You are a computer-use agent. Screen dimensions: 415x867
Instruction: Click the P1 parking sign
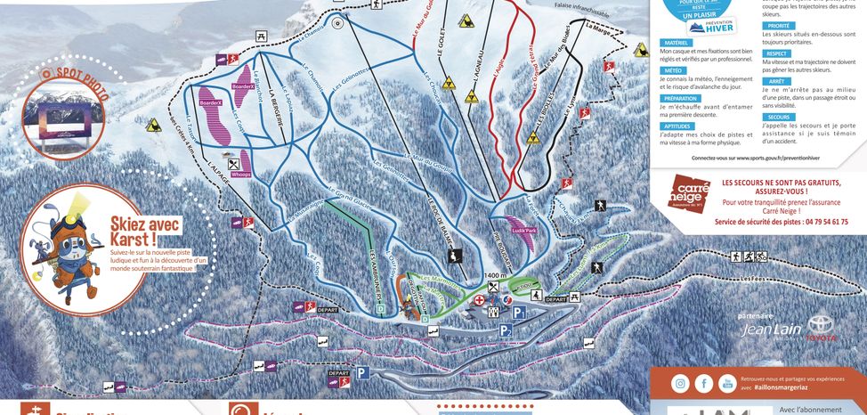click(x=518, y=313)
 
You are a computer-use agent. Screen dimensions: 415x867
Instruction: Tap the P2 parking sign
click(x=506, y=330)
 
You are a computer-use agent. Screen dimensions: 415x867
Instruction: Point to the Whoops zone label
click(x=240, y=175)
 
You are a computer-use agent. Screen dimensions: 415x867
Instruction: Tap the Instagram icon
click(x=680, y=384)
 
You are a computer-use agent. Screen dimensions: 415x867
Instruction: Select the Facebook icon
click(x=703, y=384)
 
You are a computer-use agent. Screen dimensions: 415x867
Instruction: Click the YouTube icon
click(x=726, y=384)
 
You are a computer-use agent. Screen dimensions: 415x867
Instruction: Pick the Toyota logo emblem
click(x=820, y=325)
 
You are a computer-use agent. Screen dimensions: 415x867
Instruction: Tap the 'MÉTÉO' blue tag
click(x=672, y=69)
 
